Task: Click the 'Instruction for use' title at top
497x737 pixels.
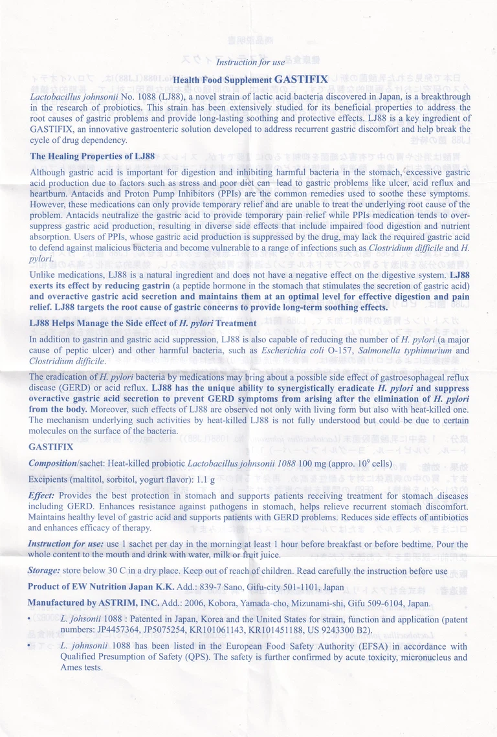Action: pos(250,62)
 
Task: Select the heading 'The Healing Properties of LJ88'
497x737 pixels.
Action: pos(93,157)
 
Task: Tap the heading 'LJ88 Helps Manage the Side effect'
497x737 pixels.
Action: pos(143,323)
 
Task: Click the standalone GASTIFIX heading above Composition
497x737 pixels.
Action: pos(50,447)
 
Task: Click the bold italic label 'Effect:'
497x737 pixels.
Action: pos(41,495)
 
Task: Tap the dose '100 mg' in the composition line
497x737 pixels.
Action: pos(313,464)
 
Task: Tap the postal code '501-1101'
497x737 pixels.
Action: pos(287,587)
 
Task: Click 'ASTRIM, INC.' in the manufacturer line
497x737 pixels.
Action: pos(133,602)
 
